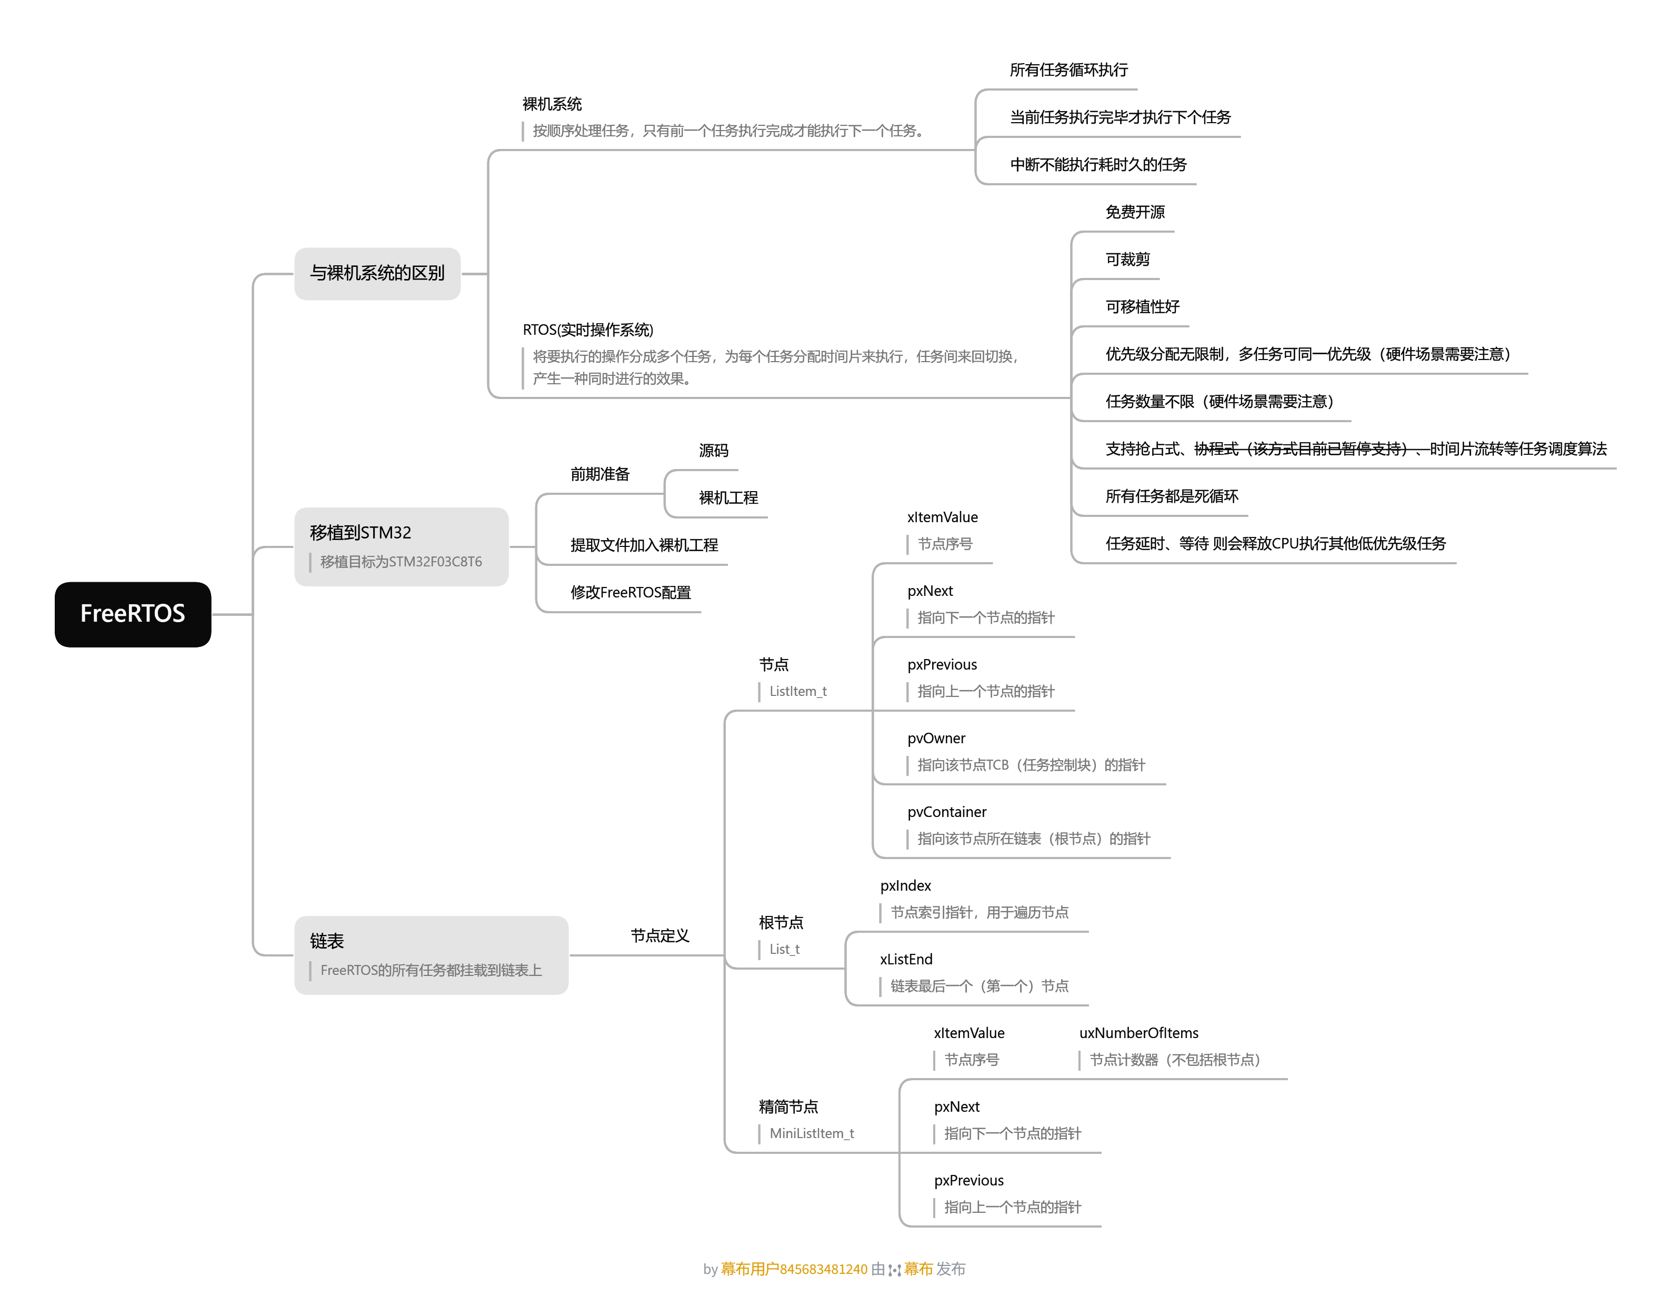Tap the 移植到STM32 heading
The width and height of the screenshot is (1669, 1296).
coord(360,533)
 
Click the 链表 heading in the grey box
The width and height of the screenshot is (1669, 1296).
coord(327,941)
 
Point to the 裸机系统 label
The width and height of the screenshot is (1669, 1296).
coord(552,104)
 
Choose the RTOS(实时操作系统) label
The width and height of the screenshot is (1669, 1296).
coord(588,330)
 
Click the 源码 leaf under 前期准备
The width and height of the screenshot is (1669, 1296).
coord(713,450)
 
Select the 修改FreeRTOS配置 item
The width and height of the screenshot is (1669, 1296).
coord(631,592)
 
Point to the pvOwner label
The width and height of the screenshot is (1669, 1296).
coord(936,738)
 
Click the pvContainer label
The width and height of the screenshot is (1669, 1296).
coord(947,812)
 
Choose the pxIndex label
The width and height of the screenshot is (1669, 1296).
coord(906,885)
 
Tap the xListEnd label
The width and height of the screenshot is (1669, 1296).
coord(906,959)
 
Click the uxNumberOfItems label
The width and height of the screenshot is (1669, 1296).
coord(1138,1033)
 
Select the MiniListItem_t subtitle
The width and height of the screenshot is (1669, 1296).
coord(812,1133)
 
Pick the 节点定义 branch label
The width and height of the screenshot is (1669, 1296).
coord(659,935)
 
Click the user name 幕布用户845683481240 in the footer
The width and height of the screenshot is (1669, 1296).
coord(794,1269)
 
